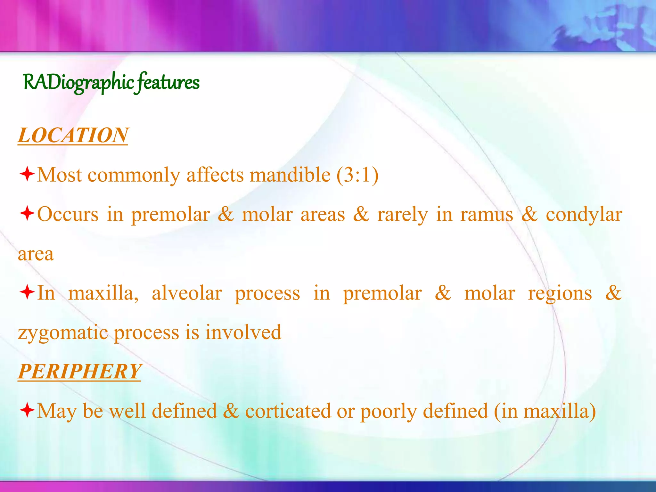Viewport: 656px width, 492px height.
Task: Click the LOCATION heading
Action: [x=73, y=135]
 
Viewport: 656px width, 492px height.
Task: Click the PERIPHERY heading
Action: [x=79, y=371]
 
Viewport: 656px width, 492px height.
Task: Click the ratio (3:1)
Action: [x=357, y=175]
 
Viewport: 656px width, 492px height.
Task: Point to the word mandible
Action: [x=290, y=175]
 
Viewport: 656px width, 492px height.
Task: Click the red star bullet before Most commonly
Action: [x=27, y=174]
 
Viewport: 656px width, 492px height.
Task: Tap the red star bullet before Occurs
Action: [x=27, y=214]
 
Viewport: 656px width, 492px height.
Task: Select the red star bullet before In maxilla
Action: [x=27, y=292]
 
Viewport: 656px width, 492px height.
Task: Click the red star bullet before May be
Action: [x=27, y=410]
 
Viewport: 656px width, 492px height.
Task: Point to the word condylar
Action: [x=584, y=215]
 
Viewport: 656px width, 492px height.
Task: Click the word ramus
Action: [x=487, y=215]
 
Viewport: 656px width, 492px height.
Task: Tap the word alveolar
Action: [x=187, y=293]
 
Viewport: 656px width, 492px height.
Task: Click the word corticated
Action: [x=288, y=411]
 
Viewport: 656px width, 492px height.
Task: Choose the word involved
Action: [x=243, y=332]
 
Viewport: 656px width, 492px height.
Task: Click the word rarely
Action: [x=402, y=215]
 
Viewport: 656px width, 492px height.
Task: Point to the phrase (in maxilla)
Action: [x=545, y=411]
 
